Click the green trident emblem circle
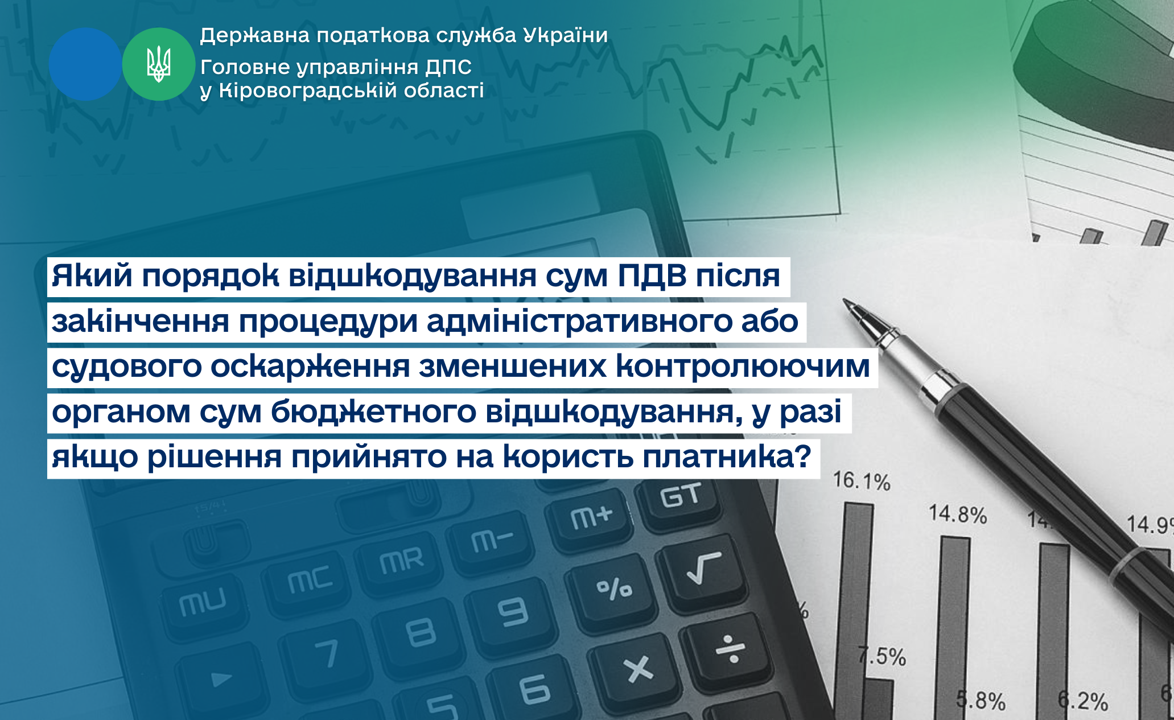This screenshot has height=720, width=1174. coord(159,64)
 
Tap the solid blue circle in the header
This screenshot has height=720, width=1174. coord(85,64)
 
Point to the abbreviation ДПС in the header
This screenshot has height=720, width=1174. coord(448,67)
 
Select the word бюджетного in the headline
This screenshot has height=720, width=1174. coord(373,412)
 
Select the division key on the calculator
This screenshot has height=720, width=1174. coord(731,650)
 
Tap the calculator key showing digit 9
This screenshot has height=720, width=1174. coord(513,612)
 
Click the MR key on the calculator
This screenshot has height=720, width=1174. coord(402,560)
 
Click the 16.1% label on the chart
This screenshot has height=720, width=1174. coord(861,482)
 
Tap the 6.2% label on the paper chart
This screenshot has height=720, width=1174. coord(1083,701)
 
